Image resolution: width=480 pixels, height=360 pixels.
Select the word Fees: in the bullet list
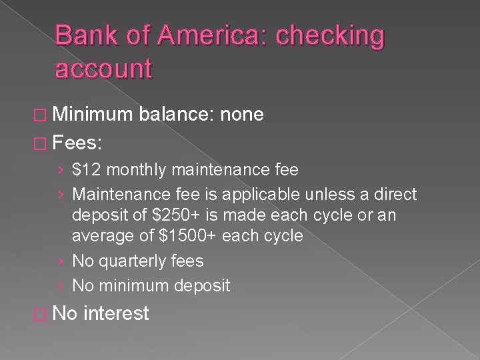point(77,142)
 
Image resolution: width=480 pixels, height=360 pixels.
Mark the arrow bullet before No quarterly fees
point(62,261)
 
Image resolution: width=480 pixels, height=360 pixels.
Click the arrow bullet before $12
point(62,171)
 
